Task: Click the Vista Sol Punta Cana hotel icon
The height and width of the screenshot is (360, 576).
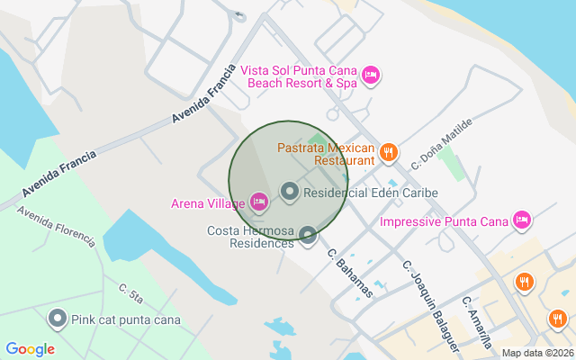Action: pos(371,75)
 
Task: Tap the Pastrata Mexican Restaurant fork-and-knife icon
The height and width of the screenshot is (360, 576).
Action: pos(389,152)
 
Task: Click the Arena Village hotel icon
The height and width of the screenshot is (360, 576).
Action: pos(259,202)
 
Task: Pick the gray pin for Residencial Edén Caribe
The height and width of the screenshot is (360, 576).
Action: pos(290,192)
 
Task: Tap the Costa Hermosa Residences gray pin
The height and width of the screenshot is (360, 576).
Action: pos(309,236)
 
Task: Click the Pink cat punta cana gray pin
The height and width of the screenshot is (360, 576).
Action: pos(58,319)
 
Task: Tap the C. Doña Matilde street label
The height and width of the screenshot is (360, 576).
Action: pos(442,142)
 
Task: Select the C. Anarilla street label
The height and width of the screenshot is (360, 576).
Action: pos(477,322)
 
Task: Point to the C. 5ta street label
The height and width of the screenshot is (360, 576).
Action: pos(131,293)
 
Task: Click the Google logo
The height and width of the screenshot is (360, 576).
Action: pos(30,349)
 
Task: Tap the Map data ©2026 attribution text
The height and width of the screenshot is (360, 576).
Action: pos(536,354)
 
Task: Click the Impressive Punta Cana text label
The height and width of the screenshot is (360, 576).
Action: pos(445,221)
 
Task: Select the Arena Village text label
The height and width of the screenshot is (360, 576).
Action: pos(208,203)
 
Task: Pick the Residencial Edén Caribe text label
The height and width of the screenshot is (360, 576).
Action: pos(371,193)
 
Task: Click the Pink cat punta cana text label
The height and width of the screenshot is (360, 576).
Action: pos(127,319)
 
